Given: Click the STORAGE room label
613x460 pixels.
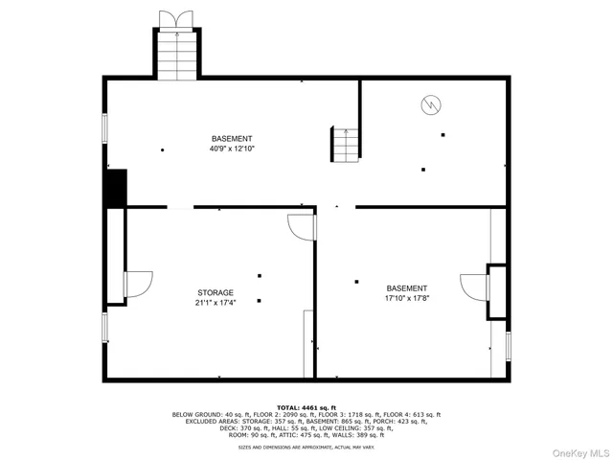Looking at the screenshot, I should pos(216,292).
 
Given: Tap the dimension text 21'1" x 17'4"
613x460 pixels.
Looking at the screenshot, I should pos(216,303).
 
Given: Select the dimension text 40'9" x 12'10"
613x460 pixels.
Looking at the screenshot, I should pos(232,149).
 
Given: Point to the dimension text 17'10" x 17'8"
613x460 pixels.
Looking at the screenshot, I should pos(407,298).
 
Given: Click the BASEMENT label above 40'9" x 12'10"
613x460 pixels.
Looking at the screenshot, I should pos(232,138).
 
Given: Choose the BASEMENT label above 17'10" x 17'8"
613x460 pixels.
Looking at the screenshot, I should pos(407,287).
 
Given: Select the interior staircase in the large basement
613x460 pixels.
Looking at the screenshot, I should pos(346,144).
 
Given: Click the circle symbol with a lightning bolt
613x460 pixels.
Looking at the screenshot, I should pos(431,103).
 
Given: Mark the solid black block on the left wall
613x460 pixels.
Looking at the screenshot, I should pos(115,188).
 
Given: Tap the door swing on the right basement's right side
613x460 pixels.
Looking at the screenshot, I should pos(474,286).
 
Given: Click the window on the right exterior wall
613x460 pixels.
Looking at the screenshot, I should pos(508,345).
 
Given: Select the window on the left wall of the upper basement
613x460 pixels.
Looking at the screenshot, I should pos(104,130).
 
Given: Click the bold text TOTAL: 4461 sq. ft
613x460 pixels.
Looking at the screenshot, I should pos(306,407).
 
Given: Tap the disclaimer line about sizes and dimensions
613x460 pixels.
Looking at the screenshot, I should pos(306,447).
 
